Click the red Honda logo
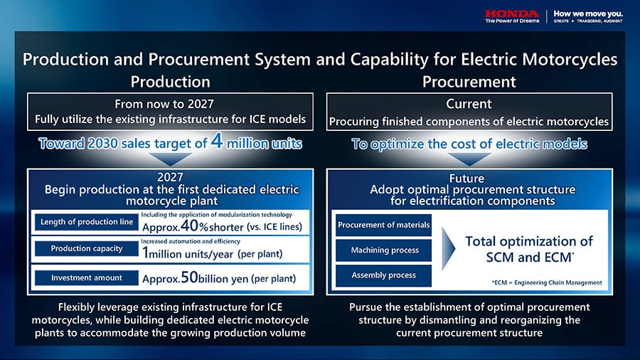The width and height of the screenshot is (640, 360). [x=512, y=14]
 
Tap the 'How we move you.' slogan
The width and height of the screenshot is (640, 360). [x=588, y=14]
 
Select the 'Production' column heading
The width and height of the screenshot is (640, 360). [x=170, y=82]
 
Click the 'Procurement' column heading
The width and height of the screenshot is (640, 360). [x=469, y=82]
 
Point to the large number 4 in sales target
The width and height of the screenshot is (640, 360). [x=217, y=141]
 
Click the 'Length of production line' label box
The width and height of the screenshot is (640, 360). [x=87, y=222]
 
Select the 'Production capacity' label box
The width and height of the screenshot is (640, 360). [x=87, y=248]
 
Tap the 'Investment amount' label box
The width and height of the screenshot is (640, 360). [x=87, y=278]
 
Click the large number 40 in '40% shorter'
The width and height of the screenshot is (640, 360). [x=189, y=226]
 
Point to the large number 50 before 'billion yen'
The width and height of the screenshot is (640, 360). [x=189, y=277]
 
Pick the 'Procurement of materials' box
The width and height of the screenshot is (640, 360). [x=383, y=226]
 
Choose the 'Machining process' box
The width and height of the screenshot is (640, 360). [x=383, y=250]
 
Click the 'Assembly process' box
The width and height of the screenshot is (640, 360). [x=383, y=275]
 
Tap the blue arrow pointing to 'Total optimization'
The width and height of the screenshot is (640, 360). [x=448, y=248]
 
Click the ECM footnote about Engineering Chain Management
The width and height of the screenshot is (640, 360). [x=547, y=282]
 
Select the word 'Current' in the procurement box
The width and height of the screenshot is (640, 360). [x=469, y=104]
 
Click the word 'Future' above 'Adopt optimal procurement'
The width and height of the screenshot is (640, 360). [x=466, y=179]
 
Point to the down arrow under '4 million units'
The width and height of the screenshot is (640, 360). [x=170, y=159]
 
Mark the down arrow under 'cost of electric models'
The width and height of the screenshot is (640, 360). [x=469, y=159]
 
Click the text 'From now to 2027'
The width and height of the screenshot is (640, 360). [x=164, y=104]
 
